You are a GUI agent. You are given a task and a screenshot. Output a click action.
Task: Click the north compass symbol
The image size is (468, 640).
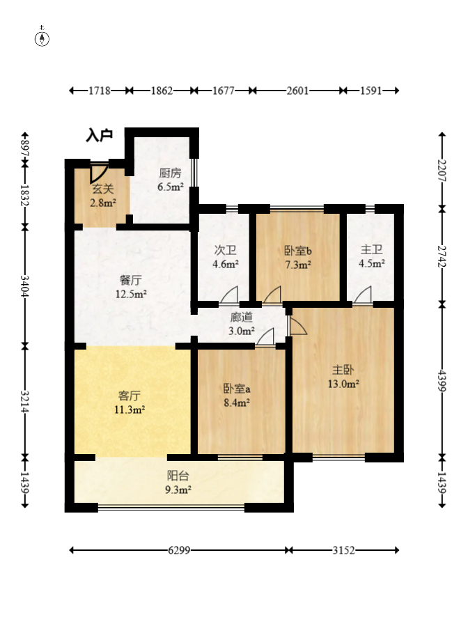[x=42, y=38]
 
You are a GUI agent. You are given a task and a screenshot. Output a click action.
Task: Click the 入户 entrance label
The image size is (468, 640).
[x=99, y=135]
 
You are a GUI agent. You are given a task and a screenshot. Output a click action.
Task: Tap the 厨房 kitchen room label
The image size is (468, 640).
[x=170, y=173]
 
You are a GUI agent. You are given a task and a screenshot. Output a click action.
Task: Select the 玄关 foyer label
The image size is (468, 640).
[x=102, y=189]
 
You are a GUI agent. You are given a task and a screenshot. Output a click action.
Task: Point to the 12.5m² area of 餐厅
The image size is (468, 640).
[x=131, y=294]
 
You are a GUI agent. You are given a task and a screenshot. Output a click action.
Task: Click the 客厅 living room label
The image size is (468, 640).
[x=130, y=396]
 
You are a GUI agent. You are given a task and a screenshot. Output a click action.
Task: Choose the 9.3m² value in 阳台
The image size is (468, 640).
[x=178, y=490]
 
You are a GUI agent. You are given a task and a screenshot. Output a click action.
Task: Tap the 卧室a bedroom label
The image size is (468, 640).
[x=237, y=389]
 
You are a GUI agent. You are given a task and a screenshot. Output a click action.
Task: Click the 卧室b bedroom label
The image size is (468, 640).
[x=298, y=251]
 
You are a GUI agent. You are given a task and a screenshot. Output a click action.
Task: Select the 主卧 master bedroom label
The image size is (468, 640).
[x=343, y=370]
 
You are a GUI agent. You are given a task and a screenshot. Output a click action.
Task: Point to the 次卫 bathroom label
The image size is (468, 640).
[x=225, y=250]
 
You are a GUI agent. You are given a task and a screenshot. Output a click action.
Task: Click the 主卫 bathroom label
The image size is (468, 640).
[x=371, y=249]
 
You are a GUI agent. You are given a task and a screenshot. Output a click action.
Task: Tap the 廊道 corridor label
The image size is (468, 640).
[x=241, y=317]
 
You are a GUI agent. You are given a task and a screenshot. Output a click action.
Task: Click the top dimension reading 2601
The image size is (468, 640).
[x=297, y=91]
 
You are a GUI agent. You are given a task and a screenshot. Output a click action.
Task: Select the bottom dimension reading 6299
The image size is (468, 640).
[x=179, y=550]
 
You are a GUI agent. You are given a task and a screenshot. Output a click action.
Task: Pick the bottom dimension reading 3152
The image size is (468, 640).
[x=343, y=550]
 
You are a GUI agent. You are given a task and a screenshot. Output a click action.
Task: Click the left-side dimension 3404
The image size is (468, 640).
[x=25, y=286]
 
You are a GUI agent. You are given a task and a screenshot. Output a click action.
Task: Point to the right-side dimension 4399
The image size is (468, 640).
[x=442, y=380]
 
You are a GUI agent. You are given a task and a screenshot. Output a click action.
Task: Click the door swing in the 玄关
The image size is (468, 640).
[x=99, y=173]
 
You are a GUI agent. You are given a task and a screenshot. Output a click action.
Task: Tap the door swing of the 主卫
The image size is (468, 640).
[x=363, y=295]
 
